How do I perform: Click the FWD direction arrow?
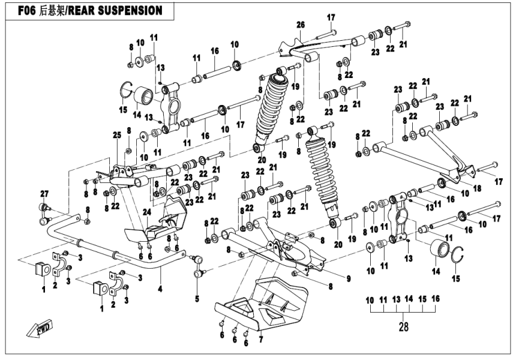point(37,329)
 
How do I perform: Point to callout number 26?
point(301,24)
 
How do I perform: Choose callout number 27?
point(43,193)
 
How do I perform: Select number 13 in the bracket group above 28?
point(396,298)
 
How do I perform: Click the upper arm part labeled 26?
point(324,46)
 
